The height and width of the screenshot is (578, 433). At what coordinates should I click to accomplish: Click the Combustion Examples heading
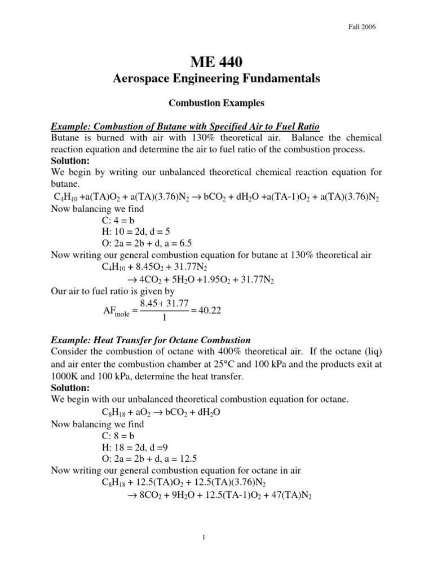pos(216,104)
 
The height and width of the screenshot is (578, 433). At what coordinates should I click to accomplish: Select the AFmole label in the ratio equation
pos(113,312)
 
